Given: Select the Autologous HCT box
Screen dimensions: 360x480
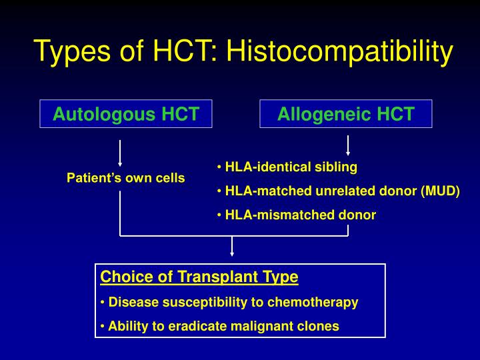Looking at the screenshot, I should pyautogui.click(x=126, y=114).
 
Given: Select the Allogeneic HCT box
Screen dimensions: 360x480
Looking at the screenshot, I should pyautogui.click(x=345, y=114).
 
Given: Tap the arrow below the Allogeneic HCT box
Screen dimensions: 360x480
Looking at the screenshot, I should pyautogui.click(x=348, y=145).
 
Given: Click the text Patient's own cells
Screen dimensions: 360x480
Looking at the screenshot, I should pyautogui.click(x=126, y=178).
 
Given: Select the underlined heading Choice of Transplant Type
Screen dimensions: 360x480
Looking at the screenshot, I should pyautogui.click(x=199, y=277).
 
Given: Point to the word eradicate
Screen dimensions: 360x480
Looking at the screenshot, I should pyautogui.click(x=188, y=326).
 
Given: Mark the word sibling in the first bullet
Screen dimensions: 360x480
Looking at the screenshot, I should pyautogui.click(x=336, y=167).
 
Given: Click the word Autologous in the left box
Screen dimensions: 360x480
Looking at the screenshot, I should pyautogui.click(x=97, y=114).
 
